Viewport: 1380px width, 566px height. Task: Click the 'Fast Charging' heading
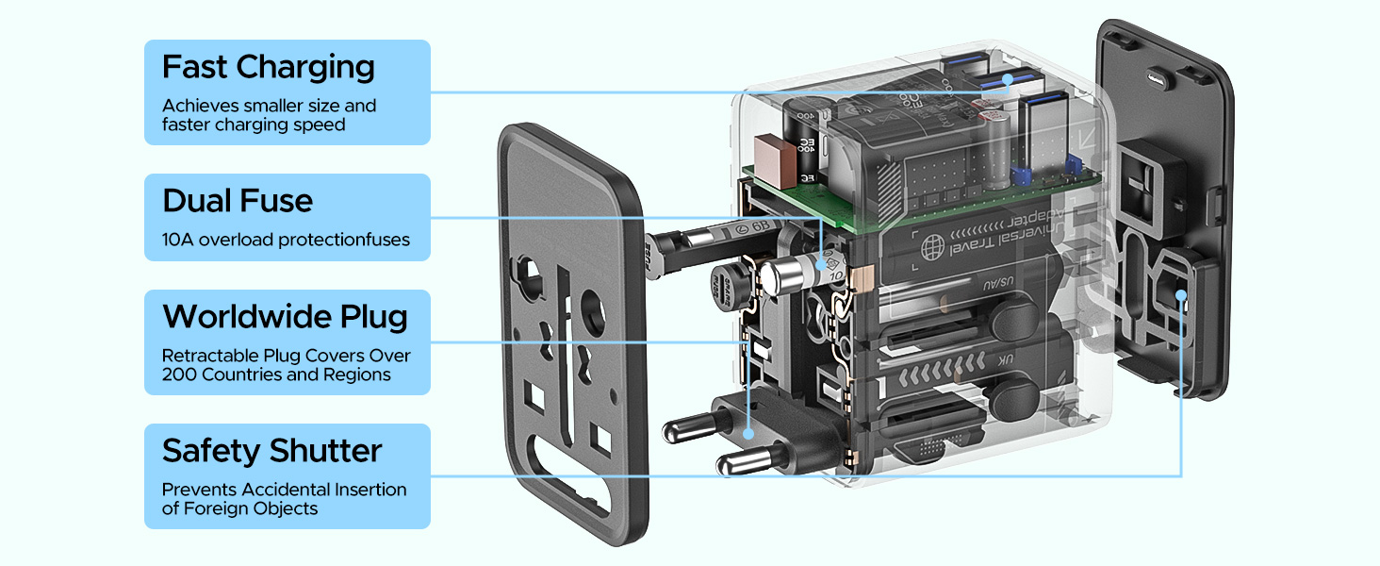pos(269,68)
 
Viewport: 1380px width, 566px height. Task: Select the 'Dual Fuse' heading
pos(238,201)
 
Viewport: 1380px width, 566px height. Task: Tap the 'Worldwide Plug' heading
pos(285,317)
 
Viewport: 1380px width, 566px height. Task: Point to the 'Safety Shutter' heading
pos(271,451)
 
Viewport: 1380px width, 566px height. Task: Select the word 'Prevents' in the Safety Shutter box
pos(199,490)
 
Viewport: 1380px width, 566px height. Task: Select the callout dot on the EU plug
pos(747,434)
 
